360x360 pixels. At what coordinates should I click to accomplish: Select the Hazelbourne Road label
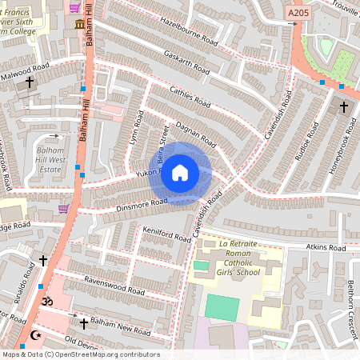coord(189,30)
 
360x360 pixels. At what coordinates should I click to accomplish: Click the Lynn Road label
coord(135,134)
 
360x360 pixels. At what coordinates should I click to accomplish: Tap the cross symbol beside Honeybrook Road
coord(344,106)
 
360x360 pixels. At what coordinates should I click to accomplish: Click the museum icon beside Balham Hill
coord(80,26)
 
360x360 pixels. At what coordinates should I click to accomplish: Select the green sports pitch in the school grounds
coord(222,308)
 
